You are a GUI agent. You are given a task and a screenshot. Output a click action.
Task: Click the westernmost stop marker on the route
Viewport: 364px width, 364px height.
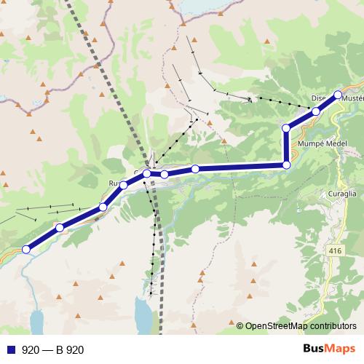point(26,249)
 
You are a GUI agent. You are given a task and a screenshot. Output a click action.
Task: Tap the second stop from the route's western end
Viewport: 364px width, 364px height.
point(60,228)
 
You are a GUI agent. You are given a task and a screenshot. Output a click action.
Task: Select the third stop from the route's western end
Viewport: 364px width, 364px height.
point(103,207)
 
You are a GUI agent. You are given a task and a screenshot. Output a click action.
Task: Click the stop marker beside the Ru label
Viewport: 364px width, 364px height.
point(123,185)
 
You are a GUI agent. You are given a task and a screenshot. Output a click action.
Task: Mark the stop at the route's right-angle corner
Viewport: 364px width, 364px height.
point(286,165)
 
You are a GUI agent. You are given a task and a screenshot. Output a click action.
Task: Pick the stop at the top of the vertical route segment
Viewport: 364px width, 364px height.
point(286,128)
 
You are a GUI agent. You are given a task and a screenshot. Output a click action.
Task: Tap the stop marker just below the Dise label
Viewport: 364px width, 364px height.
point(315,111)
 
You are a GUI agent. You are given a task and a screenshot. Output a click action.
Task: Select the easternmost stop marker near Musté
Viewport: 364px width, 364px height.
point(338,94)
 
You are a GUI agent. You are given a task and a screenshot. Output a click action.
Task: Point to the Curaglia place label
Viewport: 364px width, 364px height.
point(340,194)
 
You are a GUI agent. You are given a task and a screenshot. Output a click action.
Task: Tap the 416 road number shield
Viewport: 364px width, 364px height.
point(335,251)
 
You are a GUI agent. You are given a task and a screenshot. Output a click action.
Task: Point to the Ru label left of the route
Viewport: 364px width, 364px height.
point(114,183)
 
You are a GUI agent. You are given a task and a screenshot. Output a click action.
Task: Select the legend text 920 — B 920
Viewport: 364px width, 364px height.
point(53,350)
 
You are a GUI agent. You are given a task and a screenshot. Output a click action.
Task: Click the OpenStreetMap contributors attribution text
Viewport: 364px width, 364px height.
point(301,326)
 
